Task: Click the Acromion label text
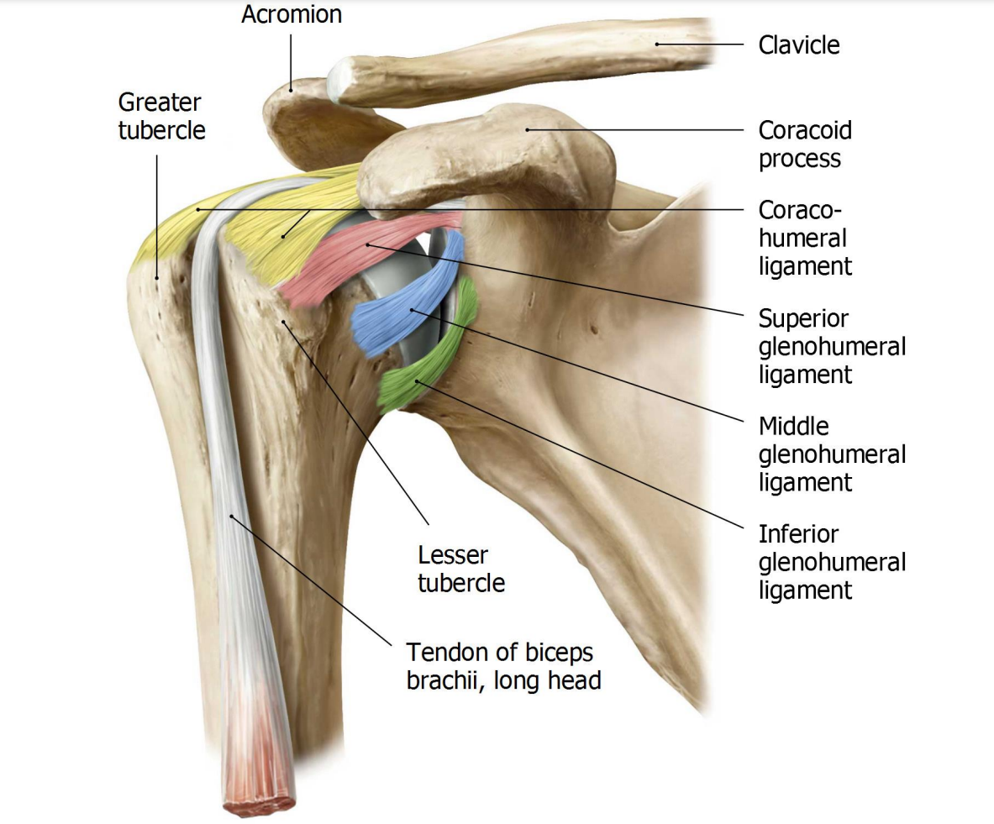click(292, 14)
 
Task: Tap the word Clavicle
click(799, 45)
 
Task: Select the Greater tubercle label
click(161, 116)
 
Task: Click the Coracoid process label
click(805, 144)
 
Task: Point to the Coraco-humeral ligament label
click(805, 238)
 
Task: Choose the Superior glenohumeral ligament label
click(832, 346)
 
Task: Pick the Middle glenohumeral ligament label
click(832, 454)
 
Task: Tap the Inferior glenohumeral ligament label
click(832, 562)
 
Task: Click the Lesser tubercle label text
click(460, 569)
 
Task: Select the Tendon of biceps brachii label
click(503, 666)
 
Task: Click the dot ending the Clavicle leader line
click(657, 45)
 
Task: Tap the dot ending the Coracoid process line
click(528, 130)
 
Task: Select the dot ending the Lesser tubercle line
click(283, 322)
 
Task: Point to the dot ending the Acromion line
click(291, 90)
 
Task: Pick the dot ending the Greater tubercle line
click(157, 278)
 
